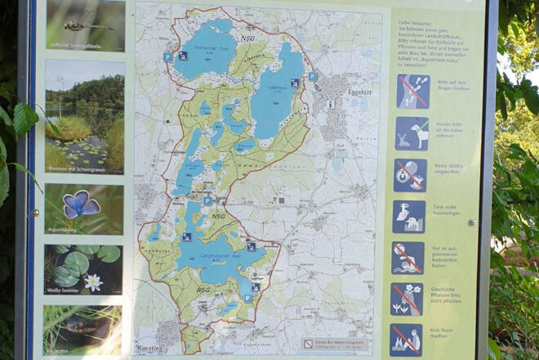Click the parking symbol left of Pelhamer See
click(167, 57)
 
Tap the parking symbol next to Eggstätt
click(312, 76)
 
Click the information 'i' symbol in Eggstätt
click(330, 104)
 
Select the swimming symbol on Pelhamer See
click(183, 56)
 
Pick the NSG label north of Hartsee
click(247, 38)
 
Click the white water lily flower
click(93, 282)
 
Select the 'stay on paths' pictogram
click(412, 92)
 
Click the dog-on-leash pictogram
click(411, 133)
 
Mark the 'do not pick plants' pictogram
click(407, 298)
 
